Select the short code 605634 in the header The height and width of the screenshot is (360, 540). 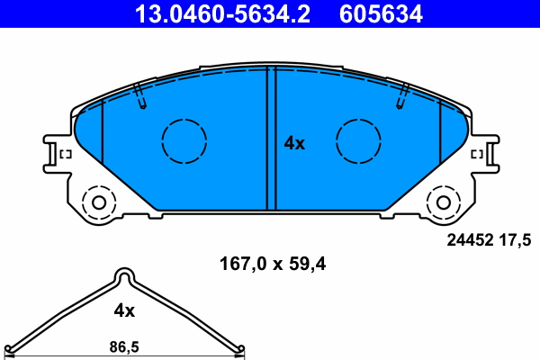click(381, 13)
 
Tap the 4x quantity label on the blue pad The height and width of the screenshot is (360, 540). click(294, 143)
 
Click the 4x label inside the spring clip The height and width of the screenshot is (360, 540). click(123, 310)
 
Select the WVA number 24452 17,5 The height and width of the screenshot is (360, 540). click(490, 239)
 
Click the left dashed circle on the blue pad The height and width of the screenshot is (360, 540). click(184, 141)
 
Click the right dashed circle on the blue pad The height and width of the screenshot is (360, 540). click(358, 141)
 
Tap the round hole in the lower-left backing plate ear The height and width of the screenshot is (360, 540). click(94, 201)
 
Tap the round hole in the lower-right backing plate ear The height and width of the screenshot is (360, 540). click(445, 201)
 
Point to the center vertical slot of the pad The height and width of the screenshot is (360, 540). click(270, 139)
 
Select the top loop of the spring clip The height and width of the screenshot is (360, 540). click(123, 276)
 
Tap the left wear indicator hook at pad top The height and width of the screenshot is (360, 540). click(139, 98)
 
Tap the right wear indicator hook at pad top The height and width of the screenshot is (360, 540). click(401, 98)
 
